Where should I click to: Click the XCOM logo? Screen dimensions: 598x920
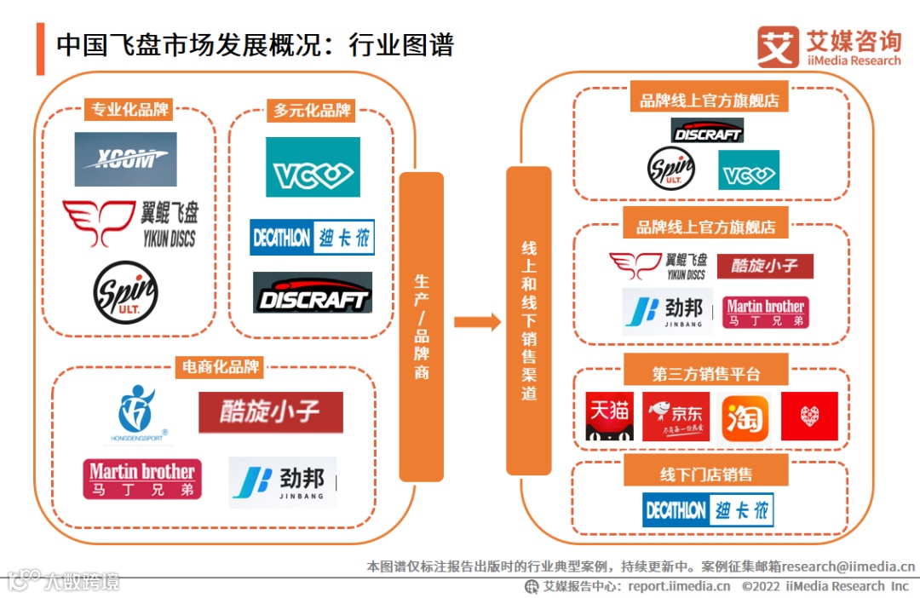(x=125, y=159)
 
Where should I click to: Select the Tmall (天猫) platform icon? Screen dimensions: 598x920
(x=609, y=417)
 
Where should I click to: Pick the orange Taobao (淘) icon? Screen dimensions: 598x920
(x=743, y=417)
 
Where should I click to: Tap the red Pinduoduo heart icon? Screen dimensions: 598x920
(x=809, y=417)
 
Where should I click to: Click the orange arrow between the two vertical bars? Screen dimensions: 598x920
(x=477, y=321)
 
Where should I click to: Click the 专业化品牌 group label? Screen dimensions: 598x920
(x=130, y=110)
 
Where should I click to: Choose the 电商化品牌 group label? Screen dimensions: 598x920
(x=220, y=367)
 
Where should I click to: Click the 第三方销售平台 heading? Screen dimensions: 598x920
(x=706, y=374)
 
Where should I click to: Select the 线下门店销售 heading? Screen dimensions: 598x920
(x=706, y=474)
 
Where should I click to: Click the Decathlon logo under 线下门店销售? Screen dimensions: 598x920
(x=708, y=509)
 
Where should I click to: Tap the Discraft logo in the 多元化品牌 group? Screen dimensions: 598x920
(x=313, y=293)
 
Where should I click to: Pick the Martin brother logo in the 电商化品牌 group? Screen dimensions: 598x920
(x=142, y=479)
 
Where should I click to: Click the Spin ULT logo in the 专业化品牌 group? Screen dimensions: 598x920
(x=125, y=292)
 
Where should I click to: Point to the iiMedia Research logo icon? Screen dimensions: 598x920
(x=777, y=47)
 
